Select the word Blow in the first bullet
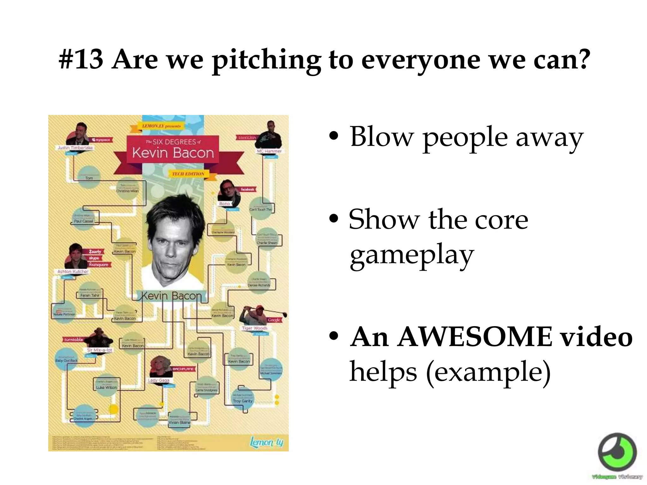(382, 137)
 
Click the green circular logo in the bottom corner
(617, 452)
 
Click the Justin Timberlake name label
(75, 148)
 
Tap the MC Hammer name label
(269, 151)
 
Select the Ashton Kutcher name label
(73, 272)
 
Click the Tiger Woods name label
(255, 328)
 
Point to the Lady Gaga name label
(159, 380)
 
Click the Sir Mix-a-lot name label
(100, 350)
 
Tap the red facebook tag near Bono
(247, 189)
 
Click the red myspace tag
(100, 140)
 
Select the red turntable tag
(73, 340)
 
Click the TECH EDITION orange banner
(188, 174)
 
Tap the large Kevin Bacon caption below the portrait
(171, 296)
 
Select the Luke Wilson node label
(106, 387)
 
